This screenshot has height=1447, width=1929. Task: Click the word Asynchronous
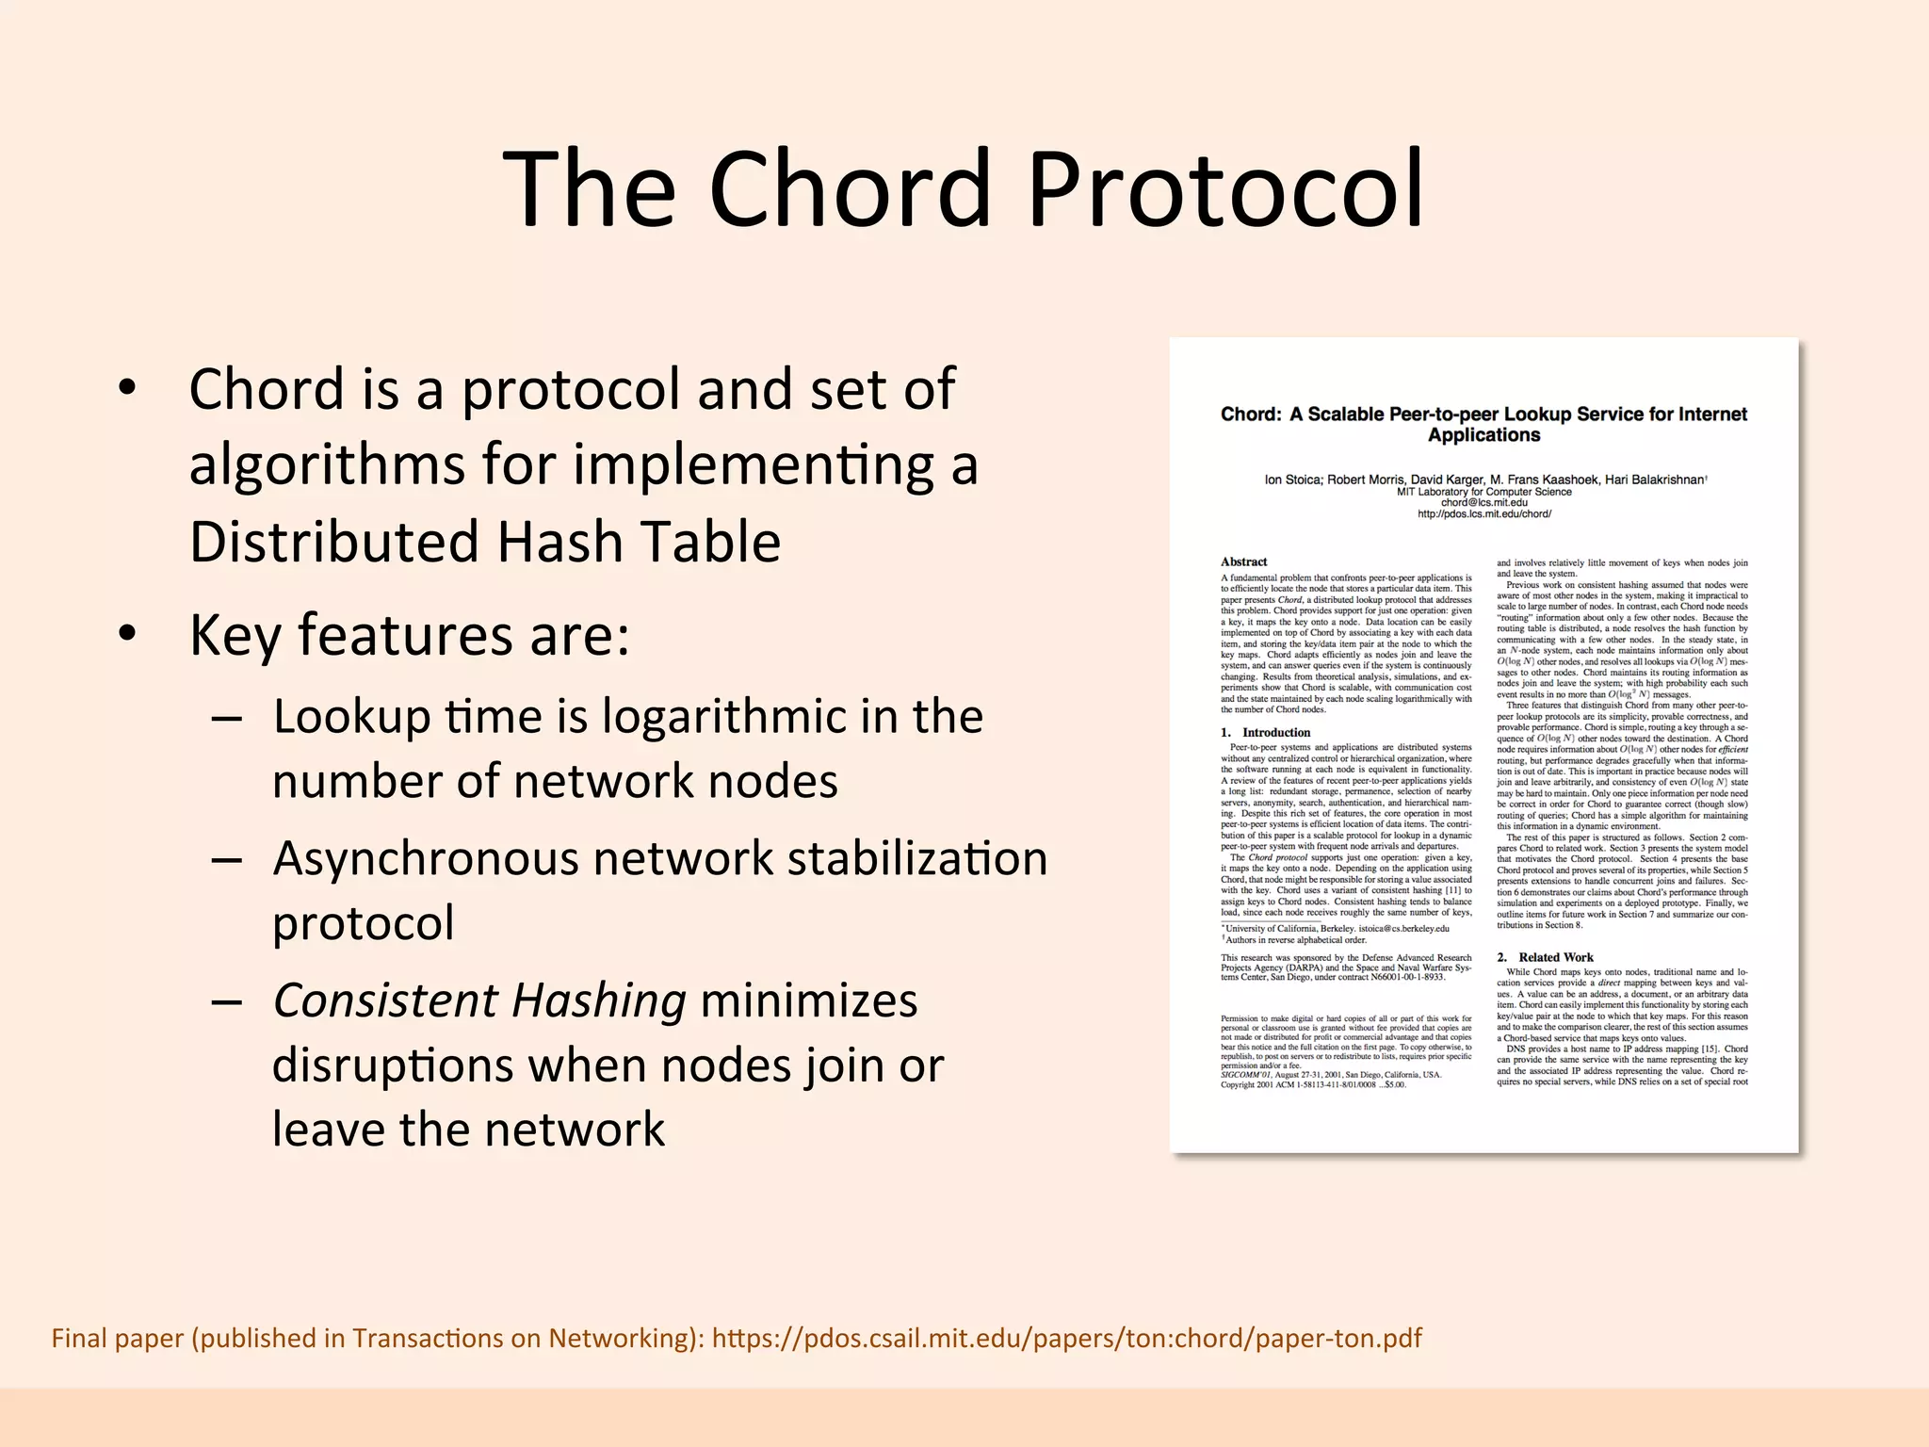pos(426,858)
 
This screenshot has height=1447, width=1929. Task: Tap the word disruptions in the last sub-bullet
pos(392,1065)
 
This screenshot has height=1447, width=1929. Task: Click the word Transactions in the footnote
pos(444,1339)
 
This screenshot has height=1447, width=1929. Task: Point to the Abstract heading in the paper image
pos(1243,561)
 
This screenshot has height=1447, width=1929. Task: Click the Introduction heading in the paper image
pos(1275,732)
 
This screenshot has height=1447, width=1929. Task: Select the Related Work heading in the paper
pos(1555,957)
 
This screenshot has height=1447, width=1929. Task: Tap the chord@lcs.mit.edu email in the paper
pos(1483,503)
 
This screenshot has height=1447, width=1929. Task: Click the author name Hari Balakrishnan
pos(1654,480)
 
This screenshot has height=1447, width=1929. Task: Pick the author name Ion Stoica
pos(1292,480)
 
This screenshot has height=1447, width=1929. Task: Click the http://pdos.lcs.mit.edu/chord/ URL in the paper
pos(1483,514)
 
